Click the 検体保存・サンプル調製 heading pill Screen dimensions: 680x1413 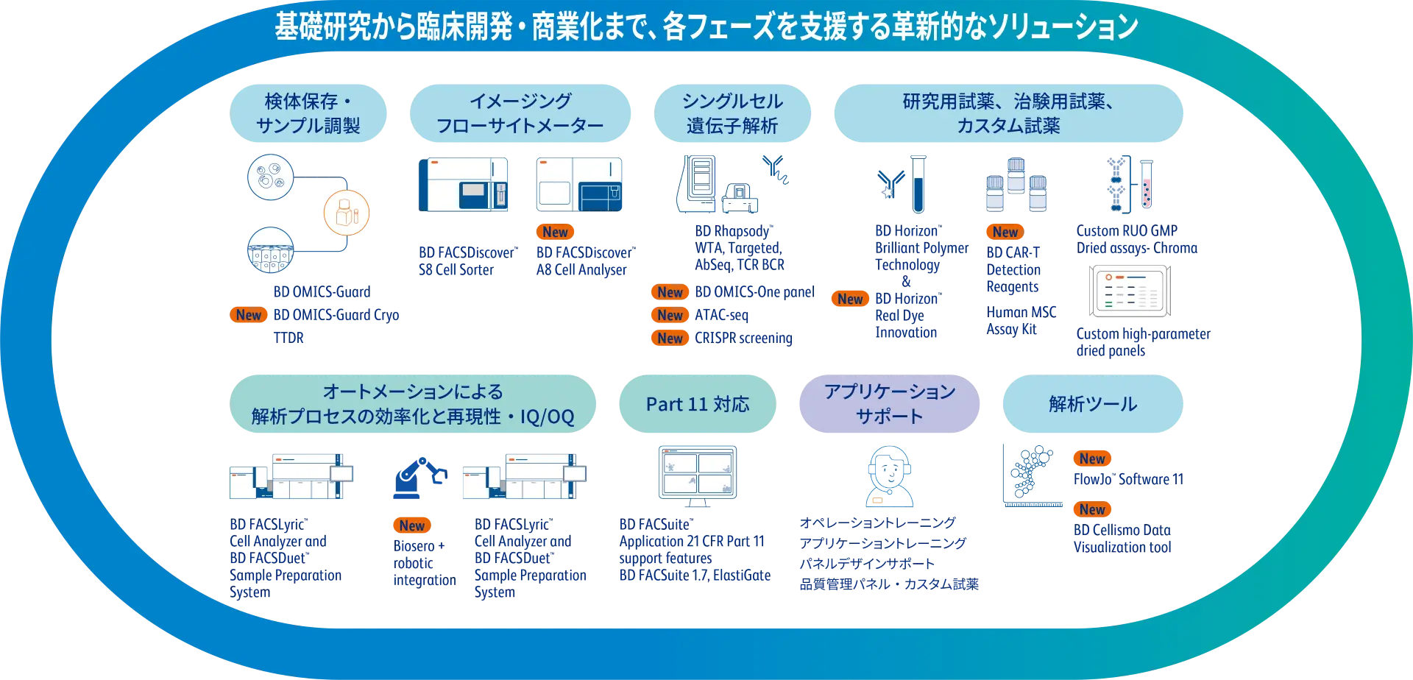[x=308, y=113]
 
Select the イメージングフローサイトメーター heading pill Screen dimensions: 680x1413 [x=520, y=113]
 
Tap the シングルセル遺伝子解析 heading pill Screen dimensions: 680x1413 [x=732, y=113]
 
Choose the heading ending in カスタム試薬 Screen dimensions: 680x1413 [x=1007, y=113]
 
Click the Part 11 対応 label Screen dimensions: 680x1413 [x=697, y=404]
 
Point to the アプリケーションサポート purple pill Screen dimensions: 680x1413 [x=889, y=404]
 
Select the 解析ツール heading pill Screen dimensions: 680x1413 [x=1092, y=404]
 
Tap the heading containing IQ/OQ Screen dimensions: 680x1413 [x=413, y=404]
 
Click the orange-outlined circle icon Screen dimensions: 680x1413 [x=347, y=212]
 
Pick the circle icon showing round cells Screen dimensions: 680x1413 [x=271, y=177]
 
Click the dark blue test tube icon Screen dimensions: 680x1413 [x=918, y=184]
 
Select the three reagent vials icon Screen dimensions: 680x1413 [x=1016, y=184]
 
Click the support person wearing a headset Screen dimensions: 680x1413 [x=890, y=475]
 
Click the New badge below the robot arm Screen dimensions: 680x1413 [x=411, y=525]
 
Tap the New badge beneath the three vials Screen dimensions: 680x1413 [x=1005, y=232]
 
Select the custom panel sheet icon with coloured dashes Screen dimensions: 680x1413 [x=1130, y=291]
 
